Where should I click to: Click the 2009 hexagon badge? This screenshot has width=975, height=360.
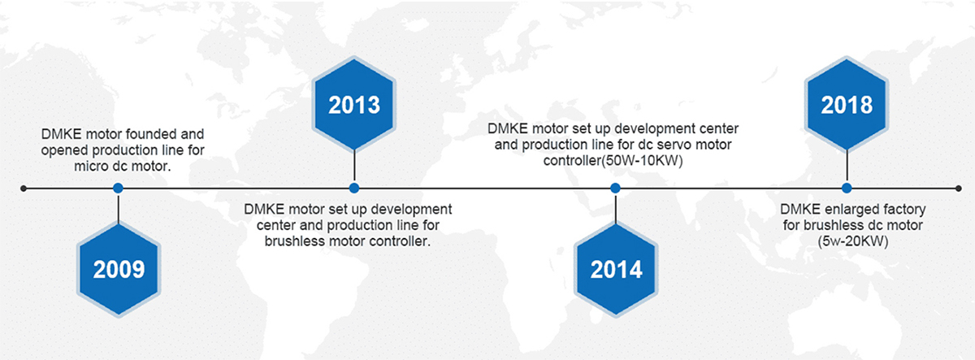pos(119,269)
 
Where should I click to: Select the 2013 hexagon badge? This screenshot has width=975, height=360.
pos(354,105)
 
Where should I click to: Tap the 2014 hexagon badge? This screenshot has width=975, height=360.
pos(616,269)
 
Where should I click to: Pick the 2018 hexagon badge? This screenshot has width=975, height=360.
pos(847,105)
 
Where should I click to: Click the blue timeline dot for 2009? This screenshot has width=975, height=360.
pos(118,188)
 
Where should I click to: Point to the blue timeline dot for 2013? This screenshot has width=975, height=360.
pos(354,188)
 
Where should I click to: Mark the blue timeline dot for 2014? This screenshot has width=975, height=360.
pos(615,188)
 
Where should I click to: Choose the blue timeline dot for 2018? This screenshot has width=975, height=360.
pos(847,188)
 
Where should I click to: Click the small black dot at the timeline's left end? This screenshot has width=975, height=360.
pos(24,189)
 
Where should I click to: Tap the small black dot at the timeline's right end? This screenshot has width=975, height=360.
pos(958,189)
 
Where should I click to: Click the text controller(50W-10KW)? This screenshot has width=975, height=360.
pos(613,161)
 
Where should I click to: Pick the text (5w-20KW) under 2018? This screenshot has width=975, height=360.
pos(852,241)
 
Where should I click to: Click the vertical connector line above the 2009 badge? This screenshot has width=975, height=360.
pos(119,208)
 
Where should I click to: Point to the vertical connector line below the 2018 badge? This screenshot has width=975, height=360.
pos(847,167)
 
